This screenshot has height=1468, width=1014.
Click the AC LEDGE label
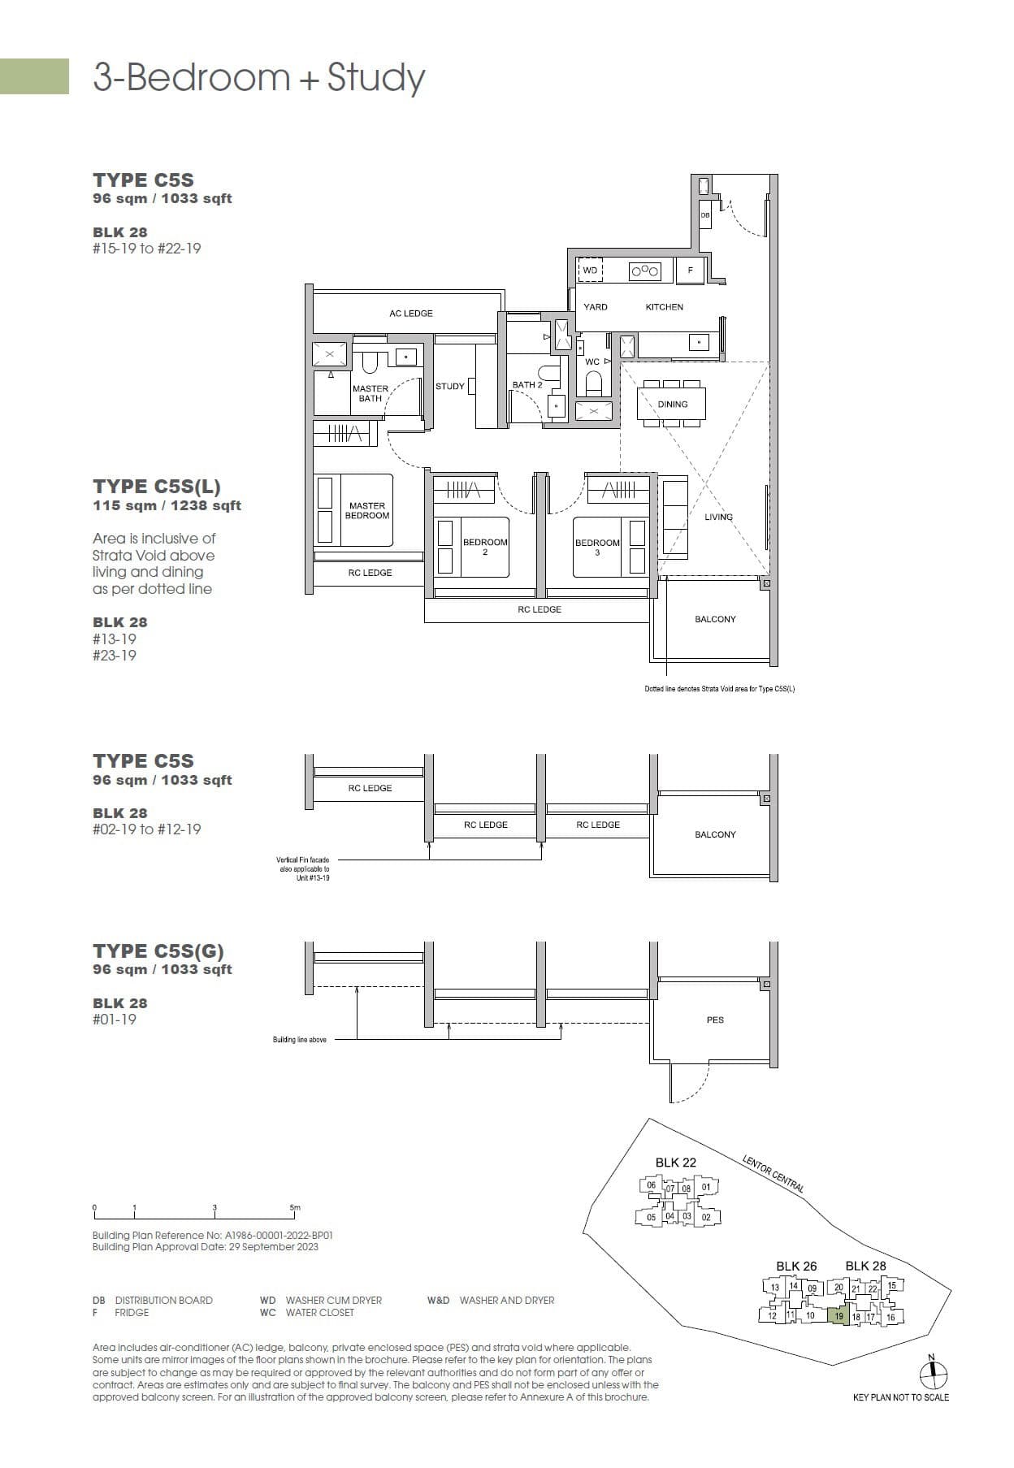[x=410, y=314]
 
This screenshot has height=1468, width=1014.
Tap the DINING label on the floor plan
[x=672, y=405]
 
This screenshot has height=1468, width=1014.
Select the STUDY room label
[x=449, y=386]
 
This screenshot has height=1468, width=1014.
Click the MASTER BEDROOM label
[x=367, y=510]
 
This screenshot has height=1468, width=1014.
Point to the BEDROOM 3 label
[x=597, y=547]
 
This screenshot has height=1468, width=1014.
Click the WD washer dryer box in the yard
[x=591, y=271]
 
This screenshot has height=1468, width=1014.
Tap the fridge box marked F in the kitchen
[x=690, y=271]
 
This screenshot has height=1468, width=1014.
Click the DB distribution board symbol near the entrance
[x=704, y=215]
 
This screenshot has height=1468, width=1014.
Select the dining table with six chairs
[x=672, y=404]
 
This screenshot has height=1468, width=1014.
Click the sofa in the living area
[x=675, y=517]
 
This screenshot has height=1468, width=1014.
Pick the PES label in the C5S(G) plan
[x=715, y=1020]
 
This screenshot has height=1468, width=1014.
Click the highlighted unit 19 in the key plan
[x=838, y=1316]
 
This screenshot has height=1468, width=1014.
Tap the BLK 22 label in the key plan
[x=675, y=1163]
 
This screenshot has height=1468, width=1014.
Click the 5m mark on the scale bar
[x=295, y=1208]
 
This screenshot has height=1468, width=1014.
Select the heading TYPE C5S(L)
[x=157, y=487]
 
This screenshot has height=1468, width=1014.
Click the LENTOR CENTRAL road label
[x=773, y=1174]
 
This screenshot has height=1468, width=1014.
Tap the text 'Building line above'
[x=299, y=1040]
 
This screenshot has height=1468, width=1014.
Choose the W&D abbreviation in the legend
[x=438, y=1300]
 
